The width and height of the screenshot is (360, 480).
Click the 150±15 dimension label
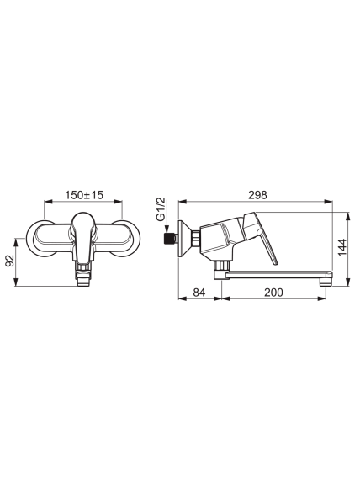coord(84,195)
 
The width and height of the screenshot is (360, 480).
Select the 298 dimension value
coord(257,195)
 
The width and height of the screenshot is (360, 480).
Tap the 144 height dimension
coord(341,247)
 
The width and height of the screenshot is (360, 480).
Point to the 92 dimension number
coord(10,261)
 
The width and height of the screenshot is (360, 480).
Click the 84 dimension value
coord(199,293)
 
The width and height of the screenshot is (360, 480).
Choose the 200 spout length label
coord(273,293)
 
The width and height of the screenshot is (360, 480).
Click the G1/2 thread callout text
coord(161,209)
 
